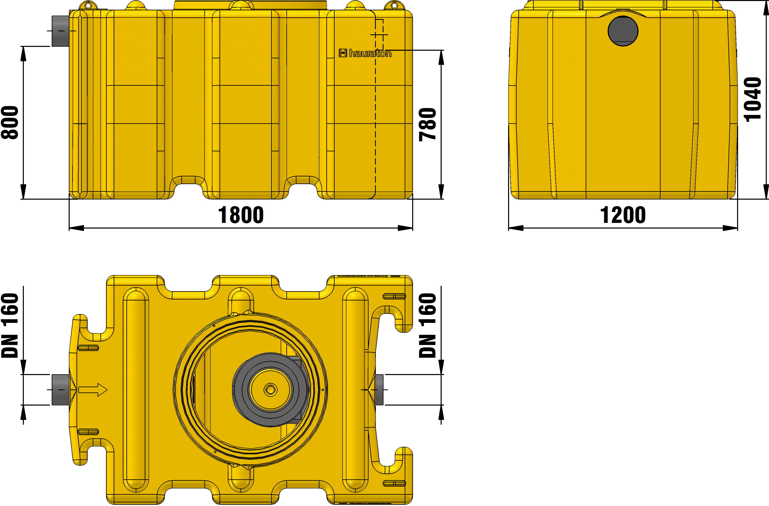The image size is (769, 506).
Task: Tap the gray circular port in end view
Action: pyautogui.click(x=623, y=31)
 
